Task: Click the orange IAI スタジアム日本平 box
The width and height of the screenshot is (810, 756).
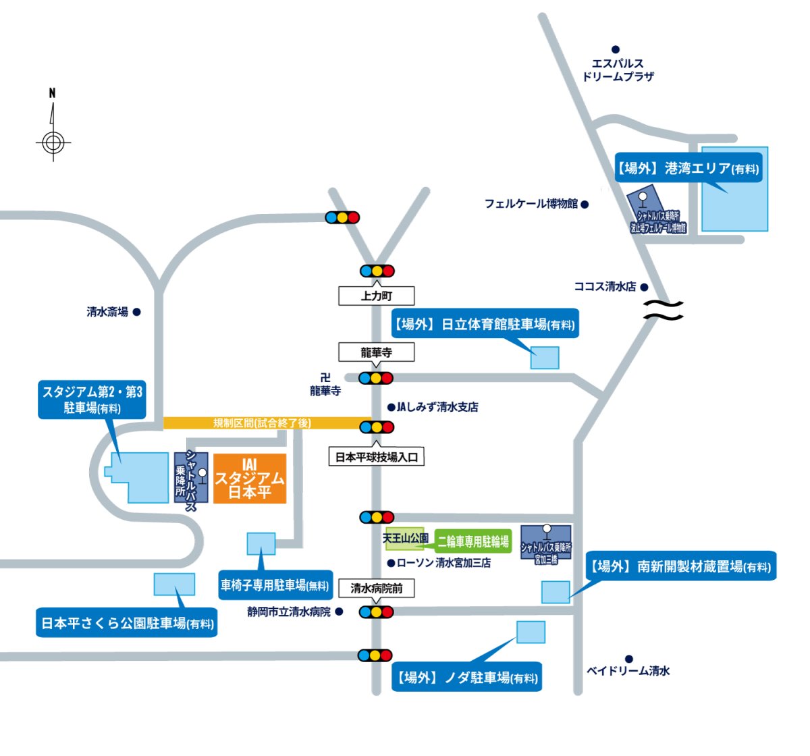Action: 250,479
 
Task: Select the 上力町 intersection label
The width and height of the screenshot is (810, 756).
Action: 376,296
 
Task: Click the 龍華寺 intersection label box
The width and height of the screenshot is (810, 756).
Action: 376,352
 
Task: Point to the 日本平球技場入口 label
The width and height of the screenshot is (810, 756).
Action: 377,457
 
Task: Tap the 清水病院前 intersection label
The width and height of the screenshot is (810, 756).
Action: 376,589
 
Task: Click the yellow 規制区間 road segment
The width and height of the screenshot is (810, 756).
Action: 263,423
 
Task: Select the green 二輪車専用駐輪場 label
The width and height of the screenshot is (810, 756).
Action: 473,541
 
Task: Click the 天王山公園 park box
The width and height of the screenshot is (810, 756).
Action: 405,539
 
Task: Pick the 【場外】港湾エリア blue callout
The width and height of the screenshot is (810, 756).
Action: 688,168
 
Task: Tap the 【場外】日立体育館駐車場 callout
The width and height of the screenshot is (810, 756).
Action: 485,325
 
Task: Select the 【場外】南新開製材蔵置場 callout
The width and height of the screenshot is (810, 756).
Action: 680,566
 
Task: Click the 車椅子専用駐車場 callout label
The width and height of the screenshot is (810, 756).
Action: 275,585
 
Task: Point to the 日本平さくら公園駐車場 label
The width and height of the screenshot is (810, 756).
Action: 127,623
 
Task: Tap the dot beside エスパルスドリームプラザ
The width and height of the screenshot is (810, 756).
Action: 616,49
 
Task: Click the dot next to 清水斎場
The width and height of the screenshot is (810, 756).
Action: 136,312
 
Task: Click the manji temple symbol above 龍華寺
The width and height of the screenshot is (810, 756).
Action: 325,378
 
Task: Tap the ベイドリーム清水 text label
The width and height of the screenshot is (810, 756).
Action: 628,671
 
